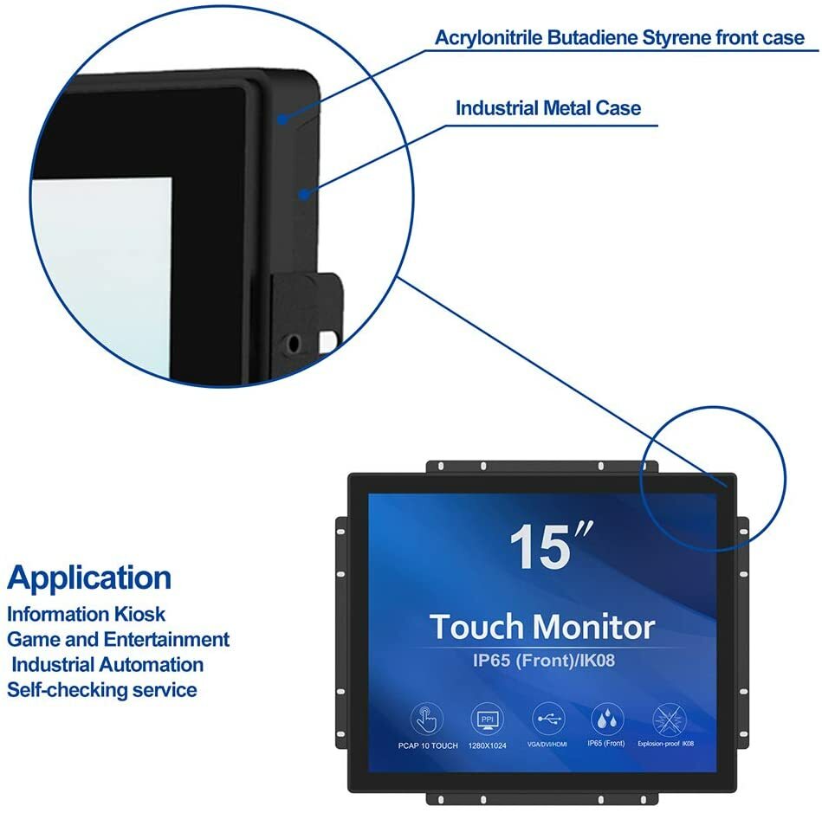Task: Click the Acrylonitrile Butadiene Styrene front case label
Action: coord(619,38)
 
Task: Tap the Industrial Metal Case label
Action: coord(548,108)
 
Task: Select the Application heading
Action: coord(89,577)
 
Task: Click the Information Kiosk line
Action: coord(86,614)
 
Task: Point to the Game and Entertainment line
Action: coord(119,639)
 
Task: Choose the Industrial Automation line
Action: coord(107,665)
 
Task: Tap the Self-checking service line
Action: coord(102,690)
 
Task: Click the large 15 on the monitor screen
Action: coord(541,546)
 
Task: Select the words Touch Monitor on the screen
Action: coord(541,626)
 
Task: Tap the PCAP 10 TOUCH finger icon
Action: coord(426,719)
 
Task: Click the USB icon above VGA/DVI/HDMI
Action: coord(547,719)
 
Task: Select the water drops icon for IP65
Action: coord(606,719)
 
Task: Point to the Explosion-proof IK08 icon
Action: coord(667,719)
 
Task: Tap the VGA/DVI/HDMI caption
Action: coord(547,744)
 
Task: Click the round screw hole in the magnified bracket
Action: coord(295,342)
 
